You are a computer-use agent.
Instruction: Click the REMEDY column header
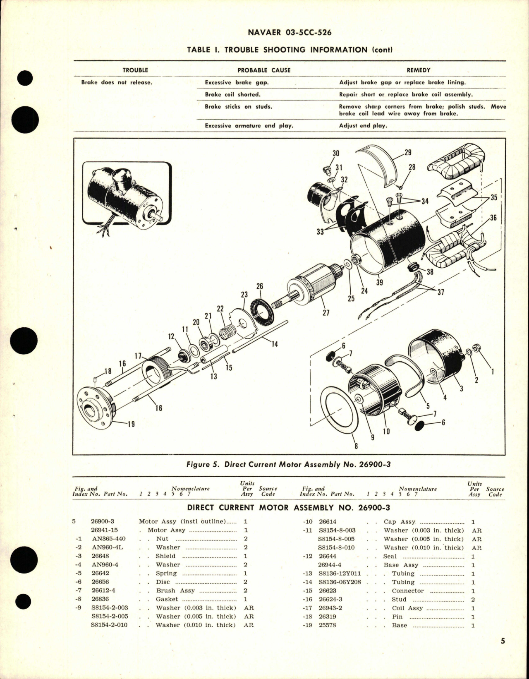pyautogui.click(x=419, y=70)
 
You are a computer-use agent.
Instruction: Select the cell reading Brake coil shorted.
pyautogui.click(x=232, y=94)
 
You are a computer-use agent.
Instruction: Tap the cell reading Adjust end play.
pyautogui.click(x=363, y=126)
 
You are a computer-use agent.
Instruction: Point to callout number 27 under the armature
pyautogui.click(x=326, y=313)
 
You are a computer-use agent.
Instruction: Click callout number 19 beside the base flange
pyautogui.click(x=131, y=424)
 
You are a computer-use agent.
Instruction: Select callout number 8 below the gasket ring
pyautogui.click(x=356, y=446)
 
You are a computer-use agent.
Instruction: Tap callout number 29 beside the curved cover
pyautogui.click(x=408, y=153)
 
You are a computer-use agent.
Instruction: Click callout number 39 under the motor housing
pyautogui.click(x=379, y=283)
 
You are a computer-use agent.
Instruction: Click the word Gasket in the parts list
pyautogui.click(x=167, y=599)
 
